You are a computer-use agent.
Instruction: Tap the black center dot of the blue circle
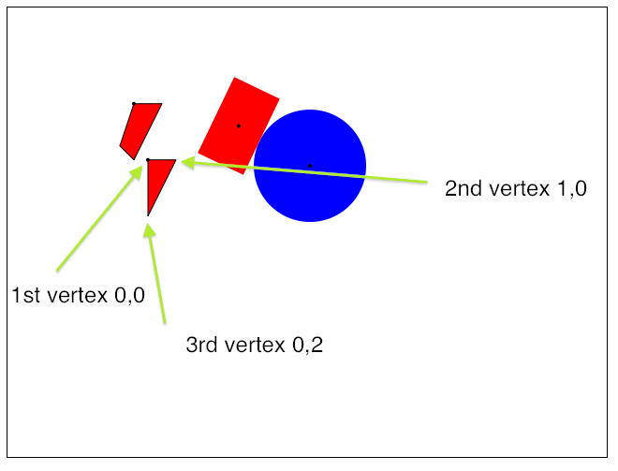pos(310,166)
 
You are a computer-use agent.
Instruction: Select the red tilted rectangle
pos(234,117)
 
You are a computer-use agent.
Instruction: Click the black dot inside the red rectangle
pos(239,125)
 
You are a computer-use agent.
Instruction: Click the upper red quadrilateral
pos(140,125)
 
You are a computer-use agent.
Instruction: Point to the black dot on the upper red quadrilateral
pos(134,103)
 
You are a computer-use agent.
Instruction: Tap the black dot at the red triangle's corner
pos(148,160)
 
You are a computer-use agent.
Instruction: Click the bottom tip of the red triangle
pos(149,213)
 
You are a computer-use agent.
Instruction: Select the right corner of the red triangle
pos(174,161)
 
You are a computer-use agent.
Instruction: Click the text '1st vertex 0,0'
pos(78,296)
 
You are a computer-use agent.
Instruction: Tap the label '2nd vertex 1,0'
pos(515,188)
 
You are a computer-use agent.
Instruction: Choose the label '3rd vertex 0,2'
pos(255,346)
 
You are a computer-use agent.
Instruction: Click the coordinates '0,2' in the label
pos(308,346)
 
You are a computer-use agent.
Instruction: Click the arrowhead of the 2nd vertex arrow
pos(186,163)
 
